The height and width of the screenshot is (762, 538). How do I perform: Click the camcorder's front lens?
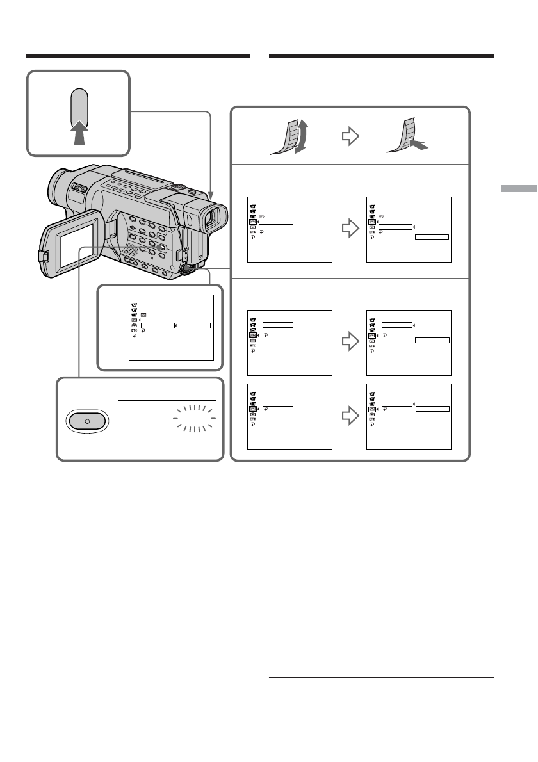point(211,219)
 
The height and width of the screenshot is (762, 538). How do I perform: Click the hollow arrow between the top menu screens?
point(349,228)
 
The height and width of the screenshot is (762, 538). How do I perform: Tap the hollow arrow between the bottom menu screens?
point(349,416)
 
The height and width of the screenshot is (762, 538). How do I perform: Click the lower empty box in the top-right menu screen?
point(432,237)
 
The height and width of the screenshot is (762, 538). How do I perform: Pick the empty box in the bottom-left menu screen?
point(278,403)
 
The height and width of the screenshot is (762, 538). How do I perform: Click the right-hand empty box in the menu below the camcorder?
point(194,325)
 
